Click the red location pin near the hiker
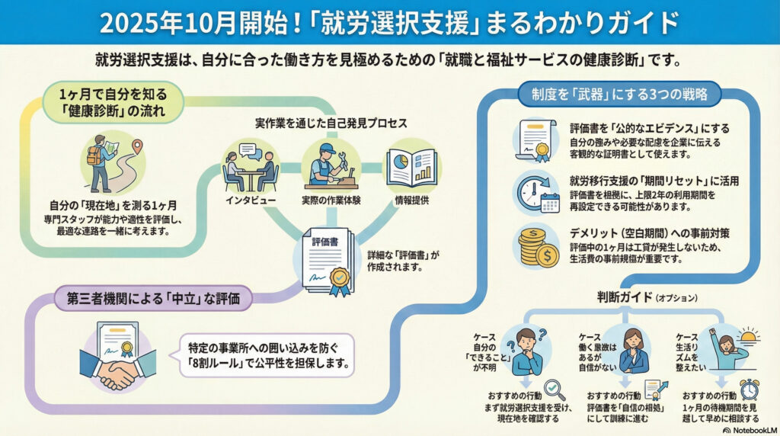(x=139, y=145)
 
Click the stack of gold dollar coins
(x=538, y=246)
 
